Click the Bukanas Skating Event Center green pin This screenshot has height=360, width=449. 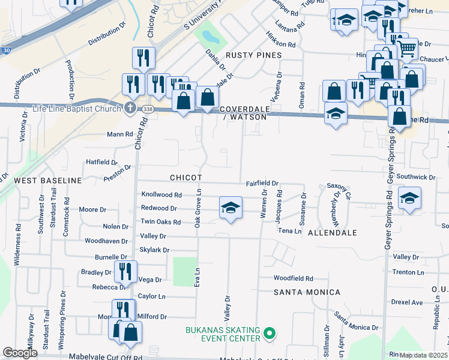[270, 332]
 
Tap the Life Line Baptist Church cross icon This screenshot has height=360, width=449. [130, 107]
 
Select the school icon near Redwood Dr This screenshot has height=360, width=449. [231, 208]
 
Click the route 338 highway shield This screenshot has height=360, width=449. [148, 109]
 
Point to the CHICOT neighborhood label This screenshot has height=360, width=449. [185, 178]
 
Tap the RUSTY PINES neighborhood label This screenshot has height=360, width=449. [253, 55]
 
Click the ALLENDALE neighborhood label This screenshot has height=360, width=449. [333, 232]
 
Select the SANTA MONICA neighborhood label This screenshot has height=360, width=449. [307, 292]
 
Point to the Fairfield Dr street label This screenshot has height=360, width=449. [262, 183]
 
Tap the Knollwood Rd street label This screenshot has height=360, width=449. [161, 195]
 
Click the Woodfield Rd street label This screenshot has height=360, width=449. [294, 278]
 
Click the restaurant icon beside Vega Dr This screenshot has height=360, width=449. [125, 271]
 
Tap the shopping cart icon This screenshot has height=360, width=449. [408, 47]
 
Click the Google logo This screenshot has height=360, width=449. [20, 353]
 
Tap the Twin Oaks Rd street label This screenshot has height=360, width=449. [160, 222]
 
